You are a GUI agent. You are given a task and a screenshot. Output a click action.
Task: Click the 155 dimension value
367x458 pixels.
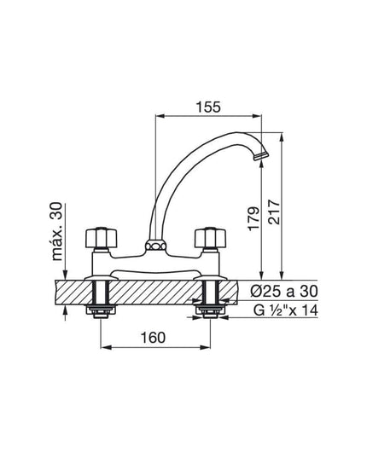click(208, 107)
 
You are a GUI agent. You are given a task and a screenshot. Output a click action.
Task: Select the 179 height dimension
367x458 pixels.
click(253, 218)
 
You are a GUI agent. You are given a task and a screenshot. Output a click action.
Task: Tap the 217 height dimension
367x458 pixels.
click(274, 212)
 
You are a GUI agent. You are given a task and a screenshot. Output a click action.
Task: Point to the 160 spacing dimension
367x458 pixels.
click(153, 338)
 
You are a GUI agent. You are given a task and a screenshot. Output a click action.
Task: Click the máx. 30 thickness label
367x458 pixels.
click(56, 231)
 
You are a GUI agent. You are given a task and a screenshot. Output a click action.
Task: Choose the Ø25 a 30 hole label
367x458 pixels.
click(284, 291)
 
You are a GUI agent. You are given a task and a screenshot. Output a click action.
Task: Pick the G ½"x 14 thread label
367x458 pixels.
click(285, 310)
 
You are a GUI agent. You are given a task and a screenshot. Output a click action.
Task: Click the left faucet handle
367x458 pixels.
click(101, 237)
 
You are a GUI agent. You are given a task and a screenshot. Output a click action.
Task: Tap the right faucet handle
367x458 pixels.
click(211, 237)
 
